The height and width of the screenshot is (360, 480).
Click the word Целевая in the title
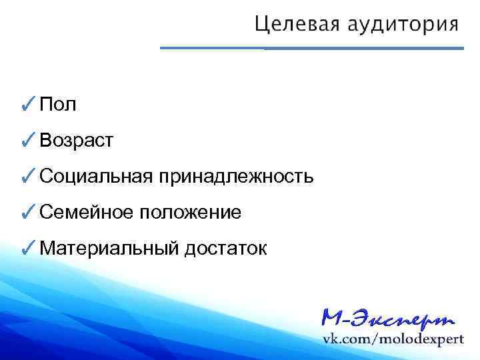299,25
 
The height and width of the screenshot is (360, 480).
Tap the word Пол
58,104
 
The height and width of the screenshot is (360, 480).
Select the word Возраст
76,141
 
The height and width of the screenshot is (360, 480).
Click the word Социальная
96,177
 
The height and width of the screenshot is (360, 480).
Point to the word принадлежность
235,177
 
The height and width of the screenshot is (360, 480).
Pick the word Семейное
85,213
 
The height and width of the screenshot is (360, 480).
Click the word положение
190,213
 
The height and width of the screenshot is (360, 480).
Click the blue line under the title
312,48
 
